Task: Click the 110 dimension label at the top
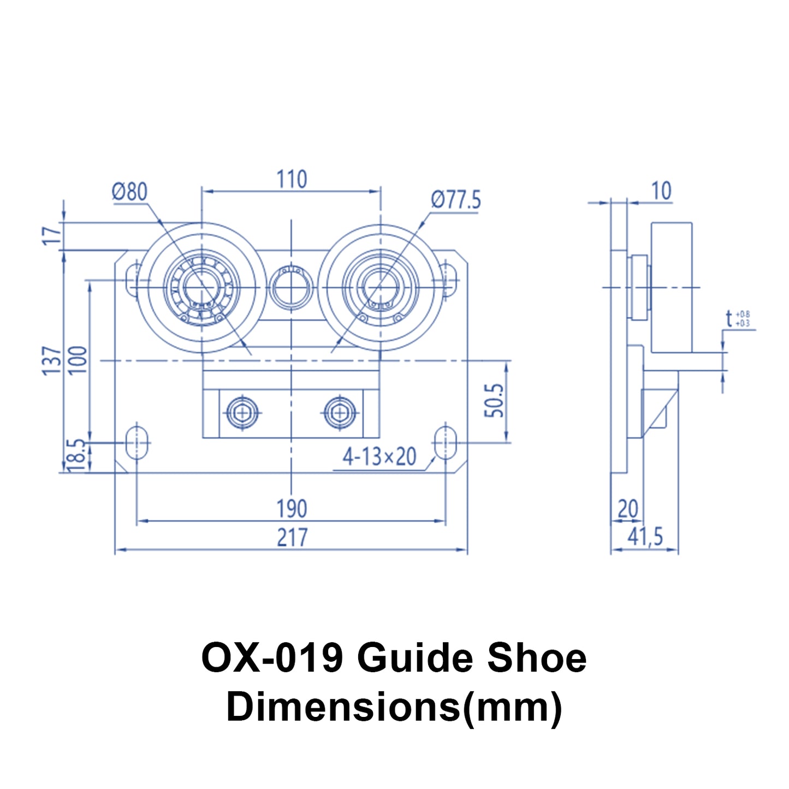coord(292,179)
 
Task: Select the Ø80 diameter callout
coord(129,192)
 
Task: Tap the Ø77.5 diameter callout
coord(455,200)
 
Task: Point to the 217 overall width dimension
coord(292,537)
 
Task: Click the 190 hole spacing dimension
coord(292,509)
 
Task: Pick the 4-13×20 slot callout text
coord(379,456)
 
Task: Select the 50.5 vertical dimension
coord(494,400)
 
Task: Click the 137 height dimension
coord(52,360)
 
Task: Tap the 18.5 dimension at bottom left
coord(76,454)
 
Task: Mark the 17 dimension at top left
coord(52,236)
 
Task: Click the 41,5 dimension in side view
coord(645,537)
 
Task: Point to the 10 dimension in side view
coord(661,191)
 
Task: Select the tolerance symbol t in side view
coord(729,318)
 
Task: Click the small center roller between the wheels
coord(292,286)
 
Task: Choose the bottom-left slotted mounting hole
coord(137,442)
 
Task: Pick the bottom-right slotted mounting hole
coord(446,442)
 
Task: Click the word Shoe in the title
coord(536,657)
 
